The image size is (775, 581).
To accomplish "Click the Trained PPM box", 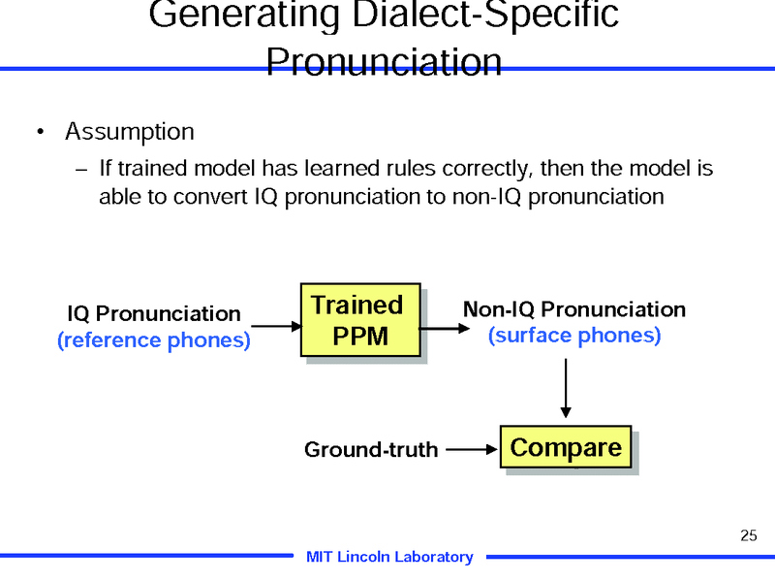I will (x=360, y=320).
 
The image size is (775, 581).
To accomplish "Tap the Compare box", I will (x=566, y=448).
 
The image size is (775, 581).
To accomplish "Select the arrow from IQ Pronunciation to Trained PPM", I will (x=276, y=327).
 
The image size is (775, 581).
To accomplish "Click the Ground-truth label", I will (x=371, y=450).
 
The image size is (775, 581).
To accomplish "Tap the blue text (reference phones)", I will (x=154, y=340).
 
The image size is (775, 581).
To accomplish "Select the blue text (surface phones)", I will (x=574, y=336).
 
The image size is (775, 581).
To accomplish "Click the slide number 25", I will (x=747, y=535).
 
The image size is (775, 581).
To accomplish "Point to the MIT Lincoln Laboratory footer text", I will (x=389, y=557).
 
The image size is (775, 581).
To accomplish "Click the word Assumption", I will (x=130, y=131).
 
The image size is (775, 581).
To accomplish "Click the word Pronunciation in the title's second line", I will (x=384, y=61).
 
